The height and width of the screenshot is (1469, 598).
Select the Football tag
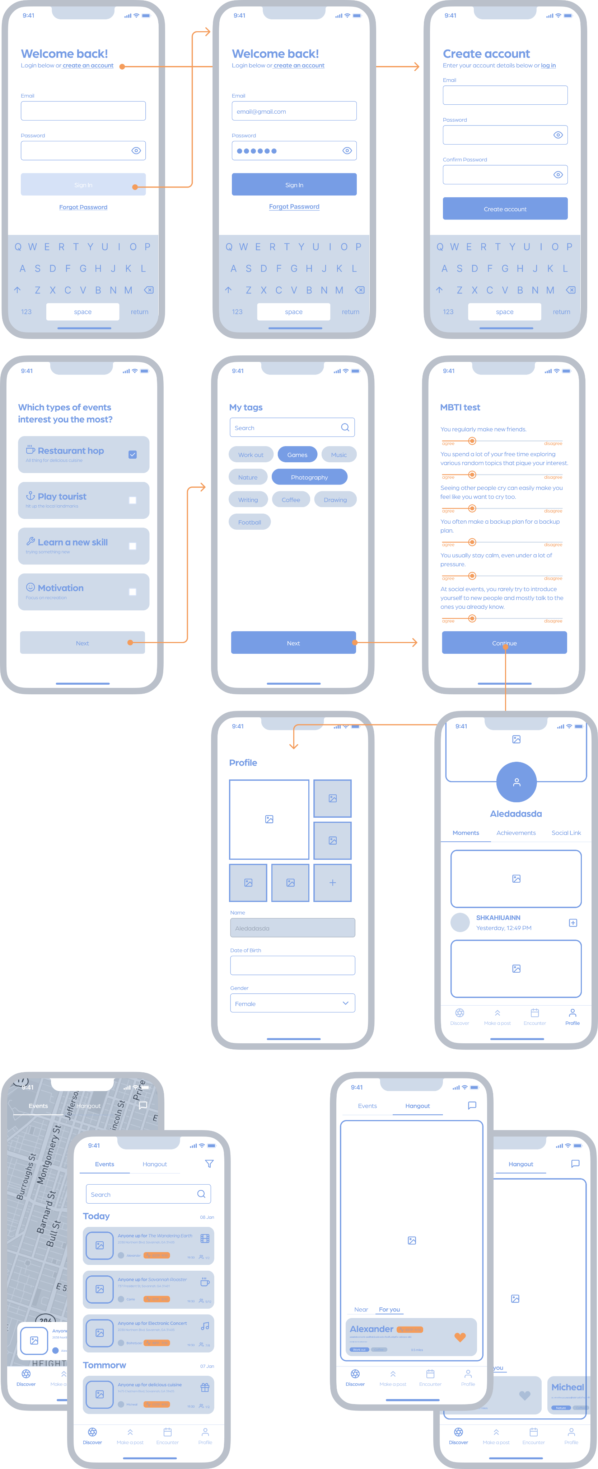pos(249,522)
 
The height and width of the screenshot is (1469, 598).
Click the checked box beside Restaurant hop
pos(132,454)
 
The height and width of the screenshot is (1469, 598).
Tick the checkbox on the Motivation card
pos(132,591)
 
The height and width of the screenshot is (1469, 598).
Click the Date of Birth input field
pos(292,965)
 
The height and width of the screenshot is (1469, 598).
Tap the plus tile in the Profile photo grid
pos(332,882)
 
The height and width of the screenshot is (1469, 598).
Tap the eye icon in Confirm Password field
pos(558,175)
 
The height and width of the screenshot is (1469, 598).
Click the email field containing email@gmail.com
pos(294,111)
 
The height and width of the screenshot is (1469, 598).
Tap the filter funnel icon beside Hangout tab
pos(209,1164)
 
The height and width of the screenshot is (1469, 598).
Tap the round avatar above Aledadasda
pos(517,782)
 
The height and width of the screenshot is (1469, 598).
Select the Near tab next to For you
pos(361,1309)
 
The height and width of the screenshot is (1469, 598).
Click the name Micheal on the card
pos(567,1387)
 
